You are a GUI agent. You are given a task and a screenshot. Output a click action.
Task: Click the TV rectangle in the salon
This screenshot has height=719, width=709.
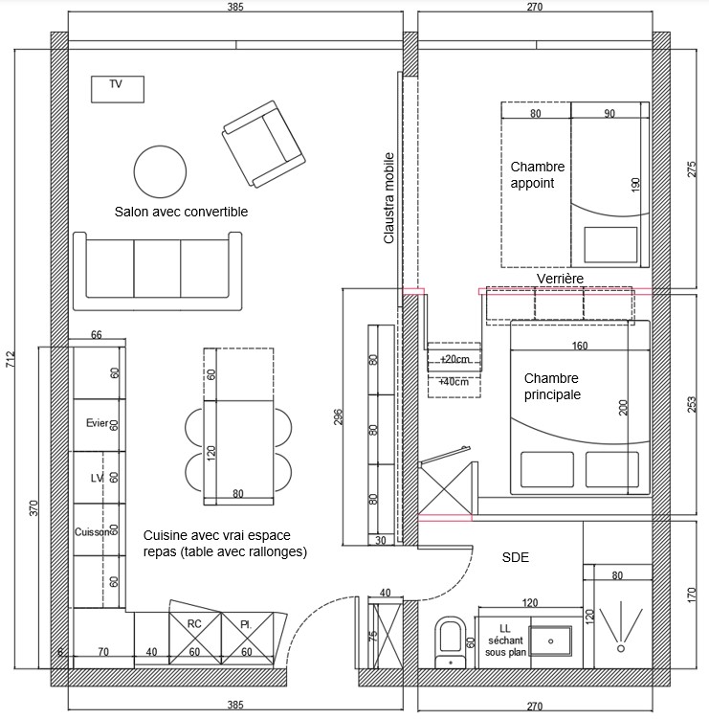(x=118, y=89)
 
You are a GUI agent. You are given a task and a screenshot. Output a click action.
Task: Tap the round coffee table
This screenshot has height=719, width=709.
(x=160, y=172)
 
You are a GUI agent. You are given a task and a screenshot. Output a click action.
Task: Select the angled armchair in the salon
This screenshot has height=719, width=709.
(x=263, y=144)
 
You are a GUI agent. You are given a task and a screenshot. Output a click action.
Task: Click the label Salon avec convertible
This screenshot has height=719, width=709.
(x=181, y=212)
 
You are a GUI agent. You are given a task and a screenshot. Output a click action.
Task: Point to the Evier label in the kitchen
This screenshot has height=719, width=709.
(x=98, y=423)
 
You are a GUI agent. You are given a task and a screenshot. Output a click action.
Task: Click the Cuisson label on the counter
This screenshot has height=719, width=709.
(x=92, y=532)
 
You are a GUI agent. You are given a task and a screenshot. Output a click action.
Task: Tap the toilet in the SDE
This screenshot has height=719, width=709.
(x=450, y=642)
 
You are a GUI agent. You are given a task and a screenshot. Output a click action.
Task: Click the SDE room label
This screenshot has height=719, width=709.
(x=516, y=557)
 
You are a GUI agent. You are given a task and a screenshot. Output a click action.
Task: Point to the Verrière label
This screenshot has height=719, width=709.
(x=560, y=279)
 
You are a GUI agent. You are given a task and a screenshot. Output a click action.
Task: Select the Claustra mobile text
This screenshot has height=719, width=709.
(x=389, y=198)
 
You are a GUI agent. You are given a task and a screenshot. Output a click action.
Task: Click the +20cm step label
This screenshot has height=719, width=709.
(x=454, y=360)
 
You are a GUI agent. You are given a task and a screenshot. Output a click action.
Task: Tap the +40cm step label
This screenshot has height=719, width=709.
(x=454, y=381)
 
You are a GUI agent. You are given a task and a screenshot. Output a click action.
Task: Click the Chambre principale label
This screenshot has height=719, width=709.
(x=552, y=387)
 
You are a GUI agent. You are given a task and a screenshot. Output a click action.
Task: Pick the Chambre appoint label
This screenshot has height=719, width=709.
(x=538, y=174)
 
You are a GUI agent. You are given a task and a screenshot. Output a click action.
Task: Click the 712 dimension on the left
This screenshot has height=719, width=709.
(x=11, y=359)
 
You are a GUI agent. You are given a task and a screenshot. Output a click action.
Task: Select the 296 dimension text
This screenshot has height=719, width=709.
(x=338, y=416)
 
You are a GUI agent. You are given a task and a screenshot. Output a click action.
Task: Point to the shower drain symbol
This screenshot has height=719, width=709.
(x=621, y=648)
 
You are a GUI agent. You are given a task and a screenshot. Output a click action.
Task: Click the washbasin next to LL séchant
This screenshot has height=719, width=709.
(x=550, y=641)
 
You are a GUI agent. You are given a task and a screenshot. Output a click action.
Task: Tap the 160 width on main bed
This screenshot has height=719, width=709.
(x=580, y=346)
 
